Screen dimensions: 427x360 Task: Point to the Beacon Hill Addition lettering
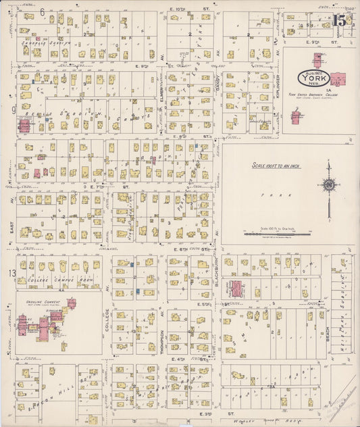(x=61, y=392)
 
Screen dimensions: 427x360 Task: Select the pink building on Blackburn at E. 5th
(x=236, y=289)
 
